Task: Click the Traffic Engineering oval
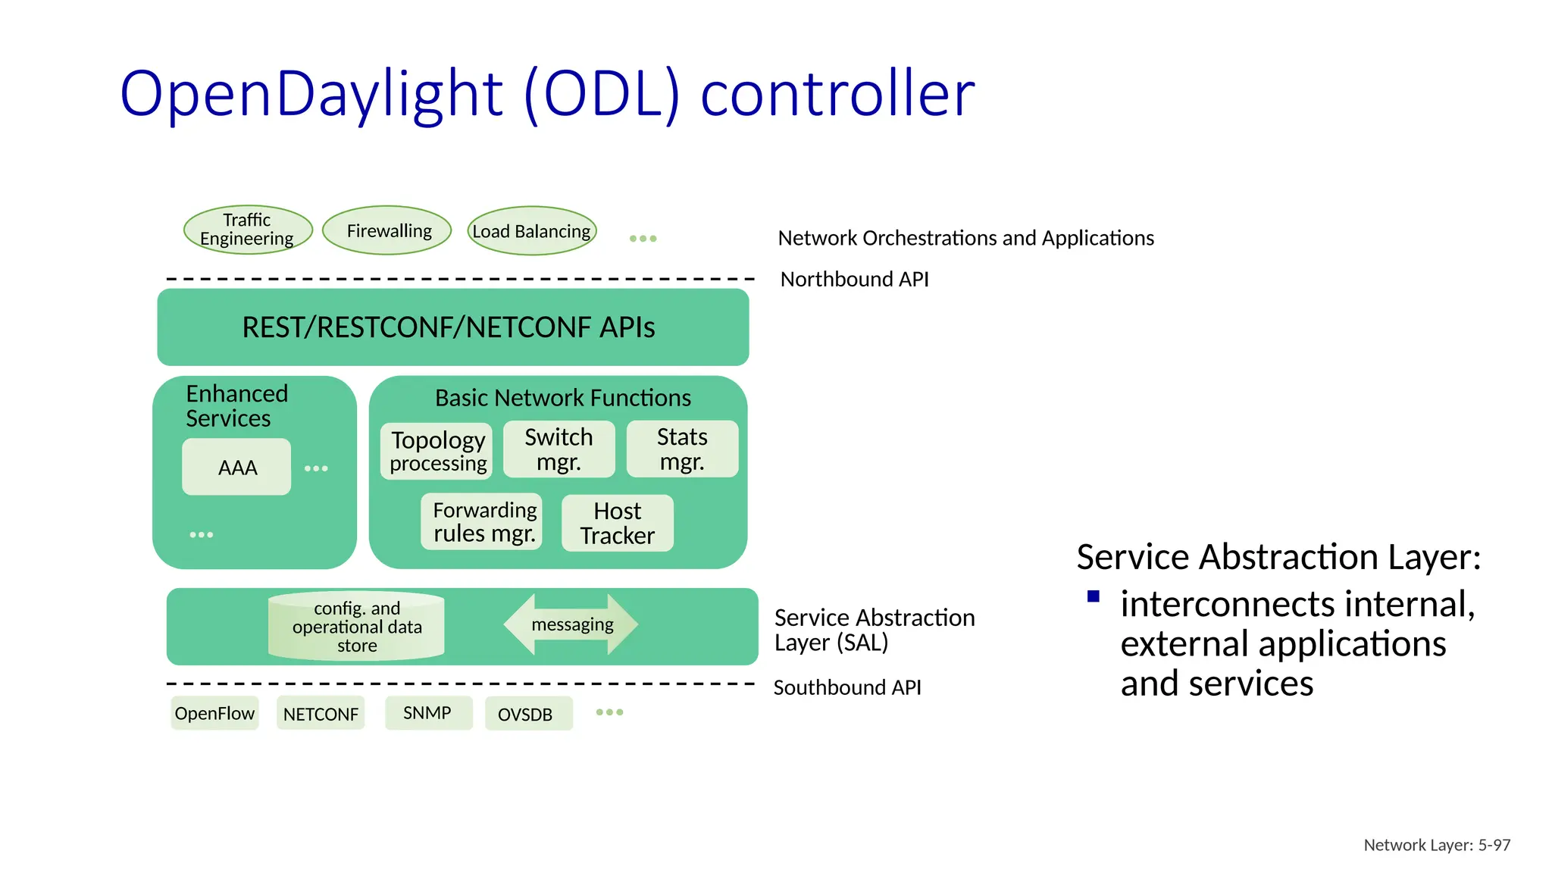click(248, 230)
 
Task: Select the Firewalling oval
click(387, 230)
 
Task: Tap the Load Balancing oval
click(532, 231)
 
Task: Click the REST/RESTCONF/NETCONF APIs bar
click(452, 327)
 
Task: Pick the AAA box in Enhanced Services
click(236, 468)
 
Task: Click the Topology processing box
click(436, 451)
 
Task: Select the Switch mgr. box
click(559, 449)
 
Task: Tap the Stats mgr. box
click(682, 449)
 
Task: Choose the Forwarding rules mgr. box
click(482, 522)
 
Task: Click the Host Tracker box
click(617, 523)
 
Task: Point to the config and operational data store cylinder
click(356, 627)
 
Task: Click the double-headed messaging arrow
click(571, 624)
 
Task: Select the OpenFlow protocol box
click(214, 713)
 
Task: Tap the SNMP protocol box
click(428, 713)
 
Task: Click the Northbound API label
click(854, 280)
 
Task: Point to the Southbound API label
click(846, 687)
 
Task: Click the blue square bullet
click(1093, 596)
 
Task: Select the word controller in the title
click(837, 94)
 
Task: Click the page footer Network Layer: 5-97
click(1436, 845)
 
